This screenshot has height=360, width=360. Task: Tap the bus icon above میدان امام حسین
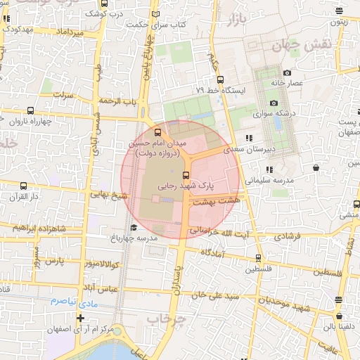[157, 131]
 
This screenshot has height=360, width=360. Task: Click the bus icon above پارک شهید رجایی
[186, 175]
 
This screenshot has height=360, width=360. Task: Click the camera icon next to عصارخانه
[287, 73]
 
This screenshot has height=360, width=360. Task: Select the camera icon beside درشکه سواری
[274, 103]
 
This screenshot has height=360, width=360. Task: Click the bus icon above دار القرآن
[25, 186]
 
